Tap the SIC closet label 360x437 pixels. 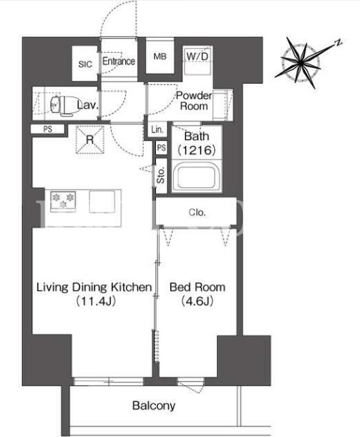click(85, 64)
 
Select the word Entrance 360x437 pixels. click(119, 61)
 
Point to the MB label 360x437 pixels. click(160, 57)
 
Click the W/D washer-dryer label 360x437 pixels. click(198, 57)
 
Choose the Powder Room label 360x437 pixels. click(194, 101)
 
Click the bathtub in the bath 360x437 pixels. click(197, 177)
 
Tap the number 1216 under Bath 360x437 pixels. click(197, 150)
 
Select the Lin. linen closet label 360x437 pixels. click(157, 129)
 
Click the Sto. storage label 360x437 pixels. click(161, 175)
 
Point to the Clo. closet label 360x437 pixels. click(197, 212)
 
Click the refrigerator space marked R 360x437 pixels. click(89, 139)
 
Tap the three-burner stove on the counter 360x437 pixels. click(63, 201)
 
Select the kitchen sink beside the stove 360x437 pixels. click(102, 201)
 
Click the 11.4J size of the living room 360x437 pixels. click(96, 301)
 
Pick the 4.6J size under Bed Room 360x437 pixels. click(198, 301)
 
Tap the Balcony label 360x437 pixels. click(154, 406)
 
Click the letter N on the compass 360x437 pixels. click(339, 43)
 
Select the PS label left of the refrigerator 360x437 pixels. click(48, 129)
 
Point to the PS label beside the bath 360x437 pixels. click(162, 147)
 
